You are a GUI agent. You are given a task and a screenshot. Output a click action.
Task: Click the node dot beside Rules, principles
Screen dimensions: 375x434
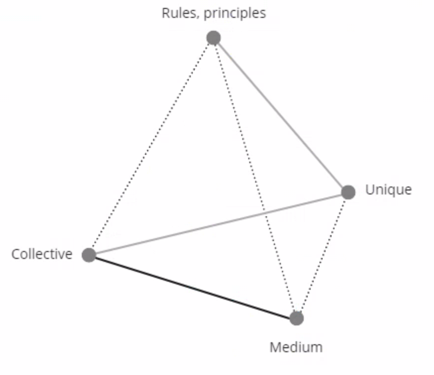(x=213, y=38)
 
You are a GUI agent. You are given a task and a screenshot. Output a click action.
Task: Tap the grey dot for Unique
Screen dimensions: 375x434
(x=348, y=192)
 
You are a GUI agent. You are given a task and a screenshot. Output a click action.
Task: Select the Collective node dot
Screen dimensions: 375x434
(x=89, y=255)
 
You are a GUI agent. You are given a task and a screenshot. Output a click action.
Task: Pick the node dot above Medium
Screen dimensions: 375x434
(x=296, y=318)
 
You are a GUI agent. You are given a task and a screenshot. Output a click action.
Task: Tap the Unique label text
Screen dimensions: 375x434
(x=388, y=190)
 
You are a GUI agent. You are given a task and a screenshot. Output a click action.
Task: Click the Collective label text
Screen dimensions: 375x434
(x=42, y=254)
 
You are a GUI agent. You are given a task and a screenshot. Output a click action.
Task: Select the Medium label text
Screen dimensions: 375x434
(x=296, y=347)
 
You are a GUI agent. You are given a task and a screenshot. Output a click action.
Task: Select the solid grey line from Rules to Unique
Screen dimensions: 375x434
(x=280, y=115)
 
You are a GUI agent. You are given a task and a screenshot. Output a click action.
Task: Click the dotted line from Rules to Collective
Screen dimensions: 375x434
(x=151, y=146)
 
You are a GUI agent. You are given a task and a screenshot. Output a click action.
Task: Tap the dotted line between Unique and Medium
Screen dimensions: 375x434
(x=322, y=255)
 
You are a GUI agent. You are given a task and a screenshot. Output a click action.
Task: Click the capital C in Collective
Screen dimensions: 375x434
(x=16, y=254)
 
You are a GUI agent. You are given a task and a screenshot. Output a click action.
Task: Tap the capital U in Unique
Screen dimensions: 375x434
(x=370, y=190)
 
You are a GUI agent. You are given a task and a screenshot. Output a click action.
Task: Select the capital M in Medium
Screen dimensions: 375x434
(x=275, y=347)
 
